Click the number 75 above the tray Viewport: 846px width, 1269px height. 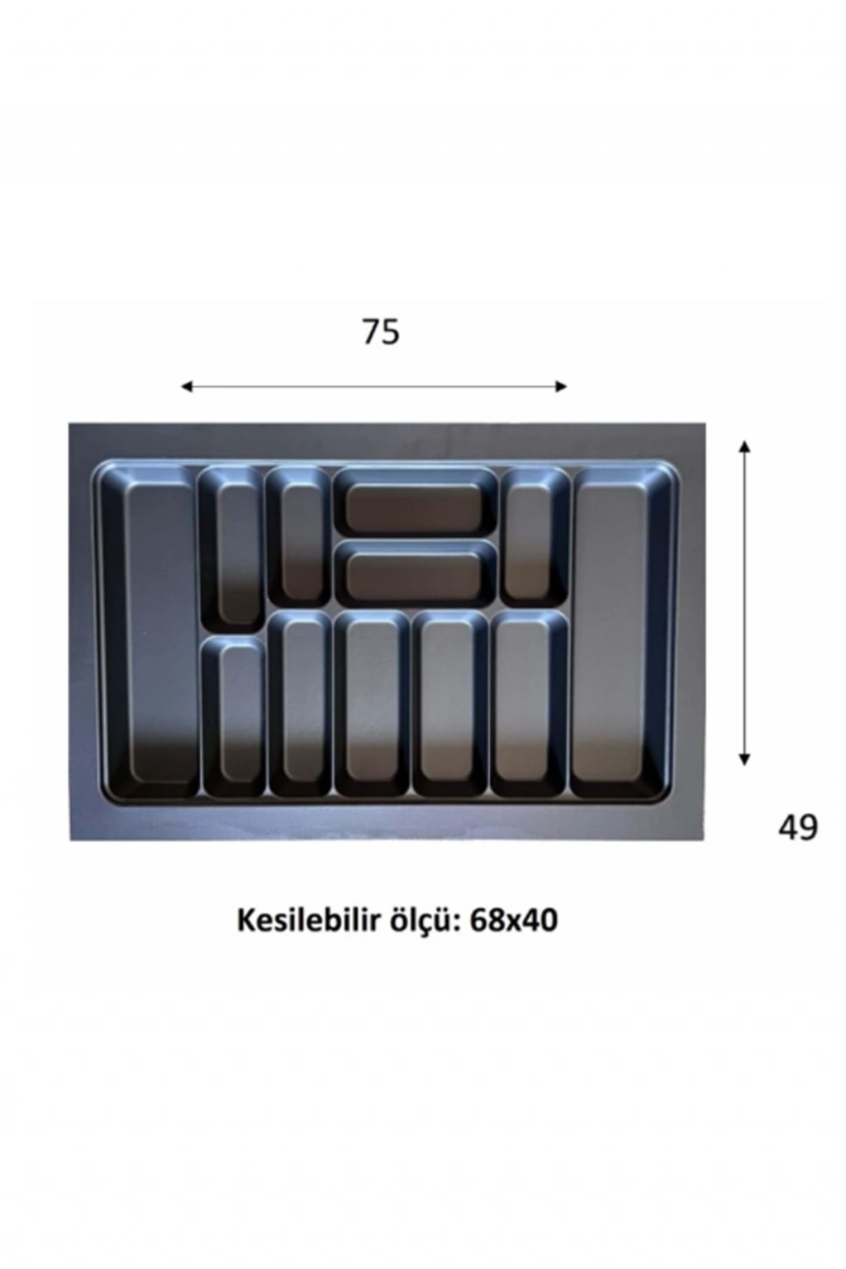[x=381, y=332]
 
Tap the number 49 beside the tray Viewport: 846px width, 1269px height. [x=797, y=828]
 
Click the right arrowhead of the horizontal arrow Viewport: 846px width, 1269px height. [x=561, y=387]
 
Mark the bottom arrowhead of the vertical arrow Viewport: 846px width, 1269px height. [x=745, y=759]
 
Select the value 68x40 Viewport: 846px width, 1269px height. [x=513, y=920]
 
